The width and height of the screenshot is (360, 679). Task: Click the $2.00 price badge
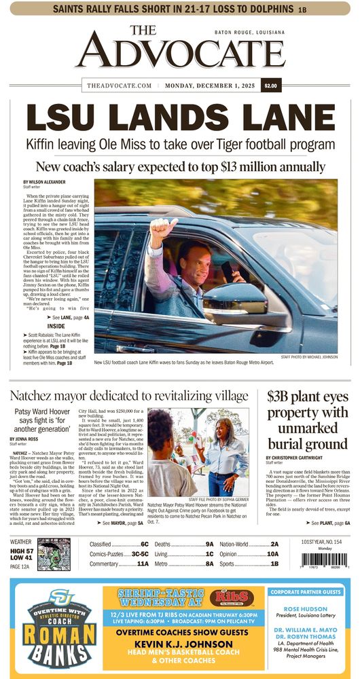pyautogui.click(x=270, y=86)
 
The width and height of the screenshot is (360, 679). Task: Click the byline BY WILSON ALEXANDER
pyautogui.click(x=50, y=183)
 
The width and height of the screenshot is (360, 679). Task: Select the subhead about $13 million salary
pyautogui.click(x=180, y=166)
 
